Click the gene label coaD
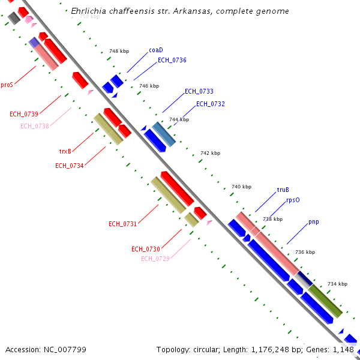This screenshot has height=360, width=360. tap(156, 50)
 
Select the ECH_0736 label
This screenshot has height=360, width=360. tap(172, 60)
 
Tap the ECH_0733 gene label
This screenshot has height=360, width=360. tap(199, 91)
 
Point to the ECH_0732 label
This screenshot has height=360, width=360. tap(211, 104)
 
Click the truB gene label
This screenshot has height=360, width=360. tap(283, 190)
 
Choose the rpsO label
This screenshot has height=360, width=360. tap(293, 200)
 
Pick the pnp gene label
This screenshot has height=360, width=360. tap(314, 222)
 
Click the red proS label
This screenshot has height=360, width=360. tap(7, 85)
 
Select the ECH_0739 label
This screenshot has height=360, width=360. tap(24, 114)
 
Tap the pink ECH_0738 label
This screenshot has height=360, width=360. tap(35, 126)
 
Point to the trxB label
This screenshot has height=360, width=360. tap(65, 151)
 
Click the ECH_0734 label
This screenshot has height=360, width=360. tap(70, 166)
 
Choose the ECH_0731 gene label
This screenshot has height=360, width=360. tap(123, 224)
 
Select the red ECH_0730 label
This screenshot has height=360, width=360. tap(146, 249)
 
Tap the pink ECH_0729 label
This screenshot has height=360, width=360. tap(155, 259)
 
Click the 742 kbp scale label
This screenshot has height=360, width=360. tap(210, 154)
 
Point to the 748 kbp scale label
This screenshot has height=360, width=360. tap(119, 52)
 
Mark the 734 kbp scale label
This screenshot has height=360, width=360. tap(337, 284)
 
